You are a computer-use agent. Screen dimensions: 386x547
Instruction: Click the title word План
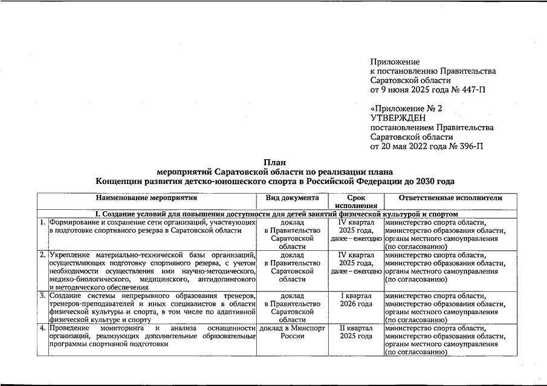tap(274, 162)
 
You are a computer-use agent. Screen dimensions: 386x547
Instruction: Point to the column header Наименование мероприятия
tap(146, 198)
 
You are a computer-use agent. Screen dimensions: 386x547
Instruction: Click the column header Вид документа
tap(293, 198)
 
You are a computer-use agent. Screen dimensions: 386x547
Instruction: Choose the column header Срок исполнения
tap(356, 202)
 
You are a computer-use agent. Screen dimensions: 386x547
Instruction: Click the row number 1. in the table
tap(42, 222)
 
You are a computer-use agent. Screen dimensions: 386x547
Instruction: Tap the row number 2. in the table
tap(42, 255)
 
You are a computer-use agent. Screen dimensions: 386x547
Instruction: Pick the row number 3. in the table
tap(42, 296)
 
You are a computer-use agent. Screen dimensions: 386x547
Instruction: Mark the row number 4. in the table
tap(42, 328)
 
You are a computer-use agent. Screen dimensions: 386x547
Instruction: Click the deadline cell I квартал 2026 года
tap(356, 300)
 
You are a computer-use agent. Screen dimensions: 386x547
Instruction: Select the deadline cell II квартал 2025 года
tap(356, 332)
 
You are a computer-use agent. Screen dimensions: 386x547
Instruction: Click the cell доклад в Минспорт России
tap(293, 332)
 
